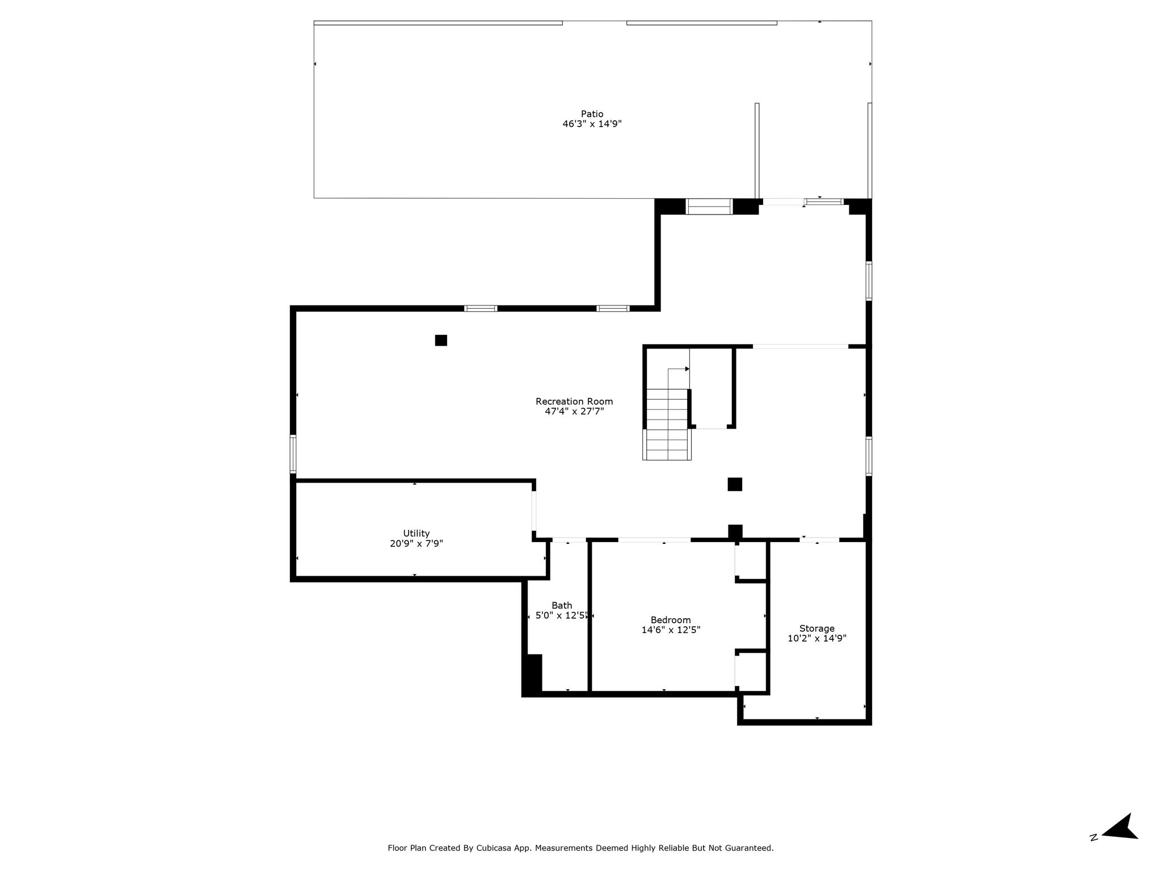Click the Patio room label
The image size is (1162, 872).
pyautogui.click(x=592, y=114)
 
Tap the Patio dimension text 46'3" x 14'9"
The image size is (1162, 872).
pyautogui.click(x=592, y=124)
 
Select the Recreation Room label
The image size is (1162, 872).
pyautogui.click(x=574, y=401)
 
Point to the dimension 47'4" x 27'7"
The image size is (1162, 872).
pyautogui.click(x=574, y=412)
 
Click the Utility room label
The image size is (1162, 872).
pyautogui.click(x=416, y=534)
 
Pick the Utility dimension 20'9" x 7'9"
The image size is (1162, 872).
pyautogui.click(x=416, y=543)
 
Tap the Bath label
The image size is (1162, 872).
pyautogui.click(x=562, y=606)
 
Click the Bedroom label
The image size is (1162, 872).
pyautogui.click(x=671, y=621)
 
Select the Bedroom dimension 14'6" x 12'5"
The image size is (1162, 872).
pyautogui.click(x=671, y=630)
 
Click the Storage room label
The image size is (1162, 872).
pyautogui.click(x=816, y=628)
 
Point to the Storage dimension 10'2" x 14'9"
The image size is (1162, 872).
pyautogui.click(x=816, y=638)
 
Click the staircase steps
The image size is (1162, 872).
pyautogui.click(x=667, y=424)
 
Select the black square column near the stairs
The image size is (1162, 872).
pyautogui.click(x=735, y=484)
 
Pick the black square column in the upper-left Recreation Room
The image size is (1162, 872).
pyautogui.click(x=441, y=340)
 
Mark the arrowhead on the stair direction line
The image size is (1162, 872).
pyautogui.click(x=687, y=369)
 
